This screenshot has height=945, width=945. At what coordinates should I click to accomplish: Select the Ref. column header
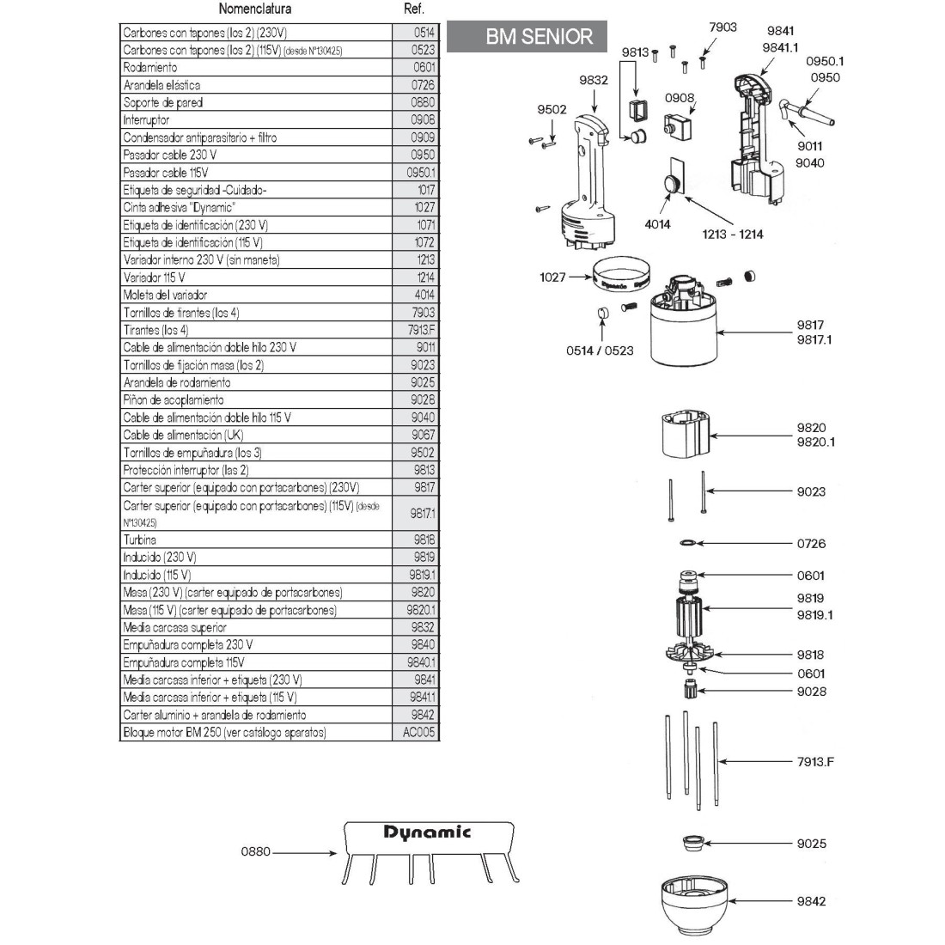(x=414, y=9)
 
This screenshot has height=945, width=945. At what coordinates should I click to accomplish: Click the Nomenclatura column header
(x=255, y=9)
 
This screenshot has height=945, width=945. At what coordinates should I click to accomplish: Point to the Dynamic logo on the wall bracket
(x=427, y=832)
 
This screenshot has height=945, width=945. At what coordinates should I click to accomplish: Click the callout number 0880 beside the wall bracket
(x=255, y=852)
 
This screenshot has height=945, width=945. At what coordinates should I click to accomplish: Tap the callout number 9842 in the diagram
(x=811, y=901)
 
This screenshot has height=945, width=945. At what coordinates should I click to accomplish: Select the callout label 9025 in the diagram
(x=811, y=844)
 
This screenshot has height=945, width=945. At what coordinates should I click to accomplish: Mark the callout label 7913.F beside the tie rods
(x=815, y=761)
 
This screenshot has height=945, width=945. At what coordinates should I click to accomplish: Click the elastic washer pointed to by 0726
(x=687, y=543)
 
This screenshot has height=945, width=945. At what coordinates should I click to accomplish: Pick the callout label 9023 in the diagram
(x=811, y=491)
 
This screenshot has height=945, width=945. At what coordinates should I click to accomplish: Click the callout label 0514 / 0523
(x=600, y=351)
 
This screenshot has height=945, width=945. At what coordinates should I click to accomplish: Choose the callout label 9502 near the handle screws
(x=552, y=109)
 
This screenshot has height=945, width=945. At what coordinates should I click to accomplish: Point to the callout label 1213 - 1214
(x=732, y=234)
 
